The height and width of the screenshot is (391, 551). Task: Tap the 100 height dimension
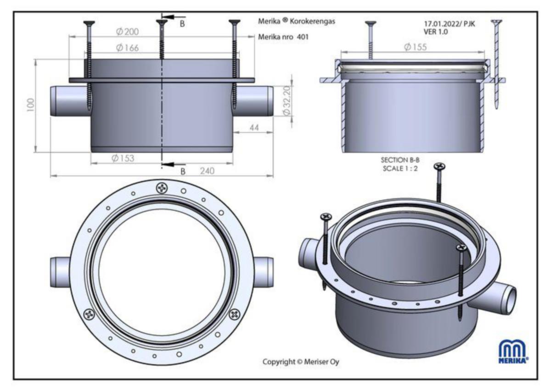pyautogui.click(x=31, y=105)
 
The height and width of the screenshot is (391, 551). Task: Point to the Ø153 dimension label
pyautogui.click(x=123, y=158)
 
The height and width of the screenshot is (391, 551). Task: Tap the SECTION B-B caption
pyautogui.click(x=400, y=160)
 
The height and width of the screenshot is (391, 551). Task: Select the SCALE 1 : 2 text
pyautogui.click(x=400, y=168)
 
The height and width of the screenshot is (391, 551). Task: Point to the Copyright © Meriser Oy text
pyautogui.click(x=301, y=362)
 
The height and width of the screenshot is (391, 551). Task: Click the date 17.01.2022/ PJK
pyautogui.click(x=449, y=24)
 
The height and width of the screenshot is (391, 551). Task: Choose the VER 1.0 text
pyautogui.click(x=436, y=32)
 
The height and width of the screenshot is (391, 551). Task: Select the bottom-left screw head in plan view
pyautogui.click(x=89, y=314)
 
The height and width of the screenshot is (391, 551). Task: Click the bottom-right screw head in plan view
pyautogui.click(x=235, y=314)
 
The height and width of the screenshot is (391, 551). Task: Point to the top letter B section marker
pyautogui.click(x=182, y=24)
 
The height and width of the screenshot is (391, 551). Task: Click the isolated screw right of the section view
pyautogui.click(x=496, y=64)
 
